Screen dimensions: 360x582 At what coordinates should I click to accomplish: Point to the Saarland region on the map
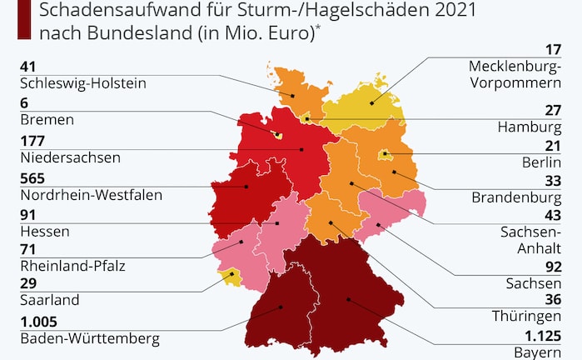(x=228, y=277)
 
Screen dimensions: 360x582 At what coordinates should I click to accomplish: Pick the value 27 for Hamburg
(x=554, y=110)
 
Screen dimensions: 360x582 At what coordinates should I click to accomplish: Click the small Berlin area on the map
(x=385, y=155)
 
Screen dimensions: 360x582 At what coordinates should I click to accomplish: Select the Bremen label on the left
(x=45, y=120)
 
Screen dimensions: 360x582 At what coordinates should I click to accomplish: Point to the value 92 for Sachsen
(x=554, y=267)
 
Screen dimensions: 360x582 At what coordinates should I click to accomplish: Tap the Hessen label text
(x=42, y=231)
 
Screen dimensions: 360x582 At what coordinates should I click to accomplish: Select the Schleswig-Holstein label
(x=82, y=82)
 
